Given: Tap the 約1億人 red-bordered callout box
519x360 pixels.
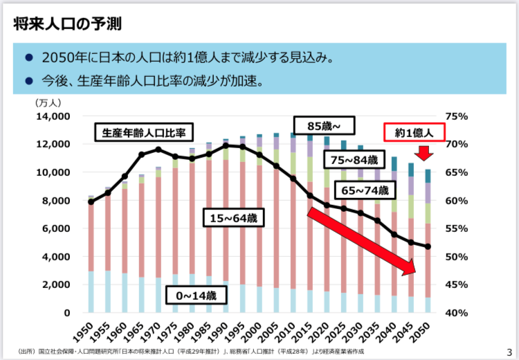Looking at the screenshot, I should tap(414, 132).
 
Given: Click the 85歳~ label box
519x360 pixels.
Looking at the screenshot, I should tap(324, 125).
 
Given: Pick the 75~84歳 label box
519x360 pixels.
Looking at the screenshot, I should tap(354, 160).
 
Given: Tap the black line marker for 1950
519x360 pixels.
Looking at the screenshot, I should tap(91, 201).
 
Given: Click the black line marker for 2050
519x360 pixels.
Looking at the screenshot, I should tap(428, 246).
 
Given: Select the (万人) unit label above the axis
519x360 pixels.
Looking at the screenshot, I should tap(48, 102).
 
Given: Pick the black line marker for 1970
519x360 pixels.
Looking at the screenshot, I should tap(158, 150).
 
